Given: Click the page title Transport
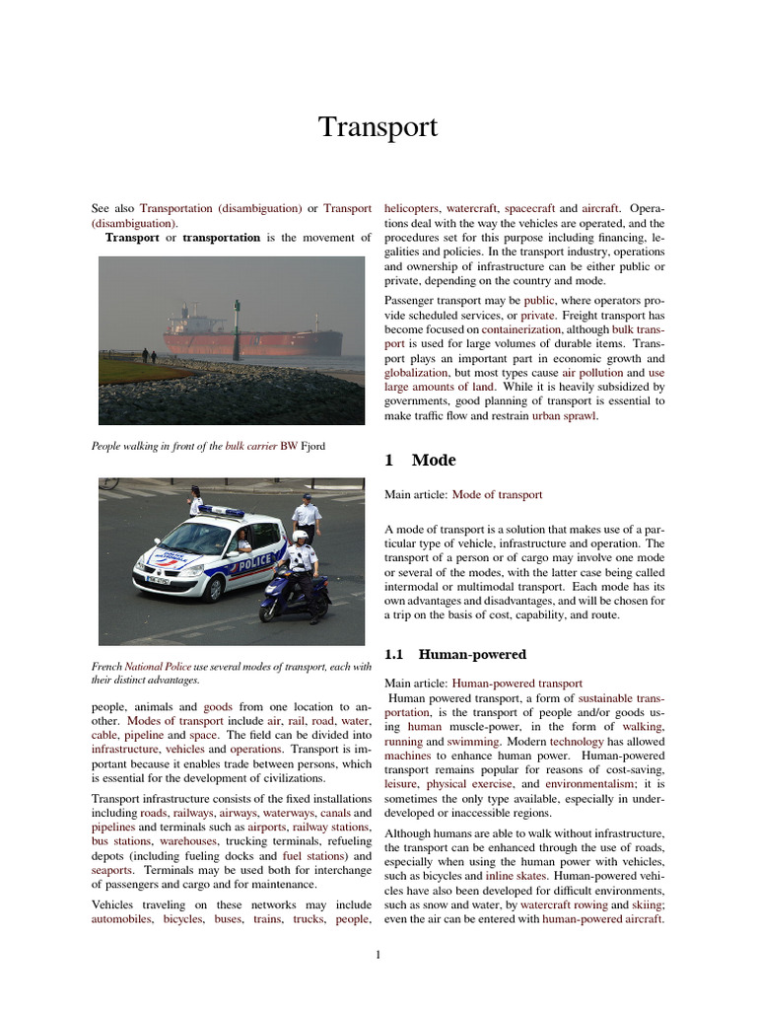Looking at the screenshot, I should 378,128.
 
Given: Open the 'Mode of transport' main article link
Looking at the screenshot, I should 497,495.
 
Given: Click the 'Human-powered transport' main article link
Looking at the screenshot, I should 516,683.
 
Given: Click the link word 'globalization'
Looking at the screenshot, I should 415,374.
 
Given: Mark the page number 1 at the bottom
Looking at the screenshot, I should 378,955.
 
